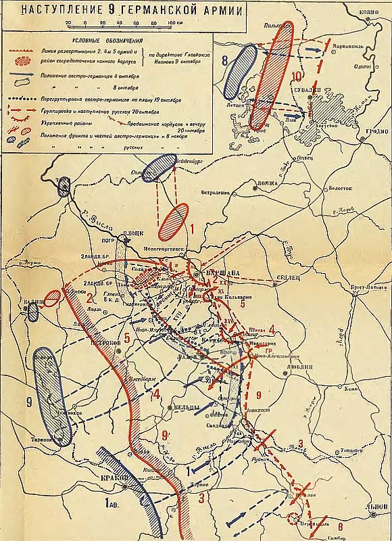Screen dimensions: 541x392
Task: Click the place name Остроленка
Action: coord(216,192)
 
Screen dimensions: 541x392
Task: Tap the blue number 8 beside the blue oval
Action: coord(224,60)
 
